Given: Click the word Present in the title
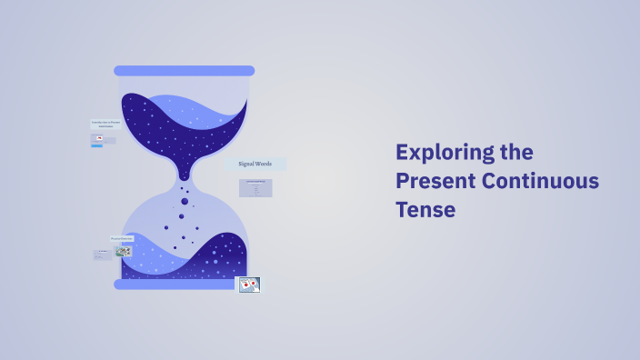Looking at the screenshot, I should click(435, 181).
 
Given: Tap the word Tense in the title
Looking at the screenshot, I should click(425, 209).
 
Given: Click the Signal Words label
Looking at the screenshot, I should click(255, 164).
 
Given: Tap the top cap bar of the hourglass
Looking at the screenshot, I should click(184, 71).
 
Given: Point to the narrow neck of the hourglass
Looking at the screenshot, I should click(185, 174).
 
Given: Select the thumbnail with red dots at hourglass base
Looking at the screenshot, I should click(249, 285).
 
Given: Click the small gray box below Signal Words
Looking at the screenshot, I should click(255, 188).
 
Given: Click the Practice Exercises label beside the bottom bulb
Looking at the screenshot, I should click(122, 238).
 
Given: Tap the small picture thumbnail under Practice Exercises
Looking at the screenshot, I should click(123, 251).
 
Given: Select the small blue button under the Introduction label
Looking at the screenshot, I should click(96, 145).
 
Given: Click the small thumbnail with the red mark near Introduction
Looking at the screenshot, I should click(98, 138).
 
